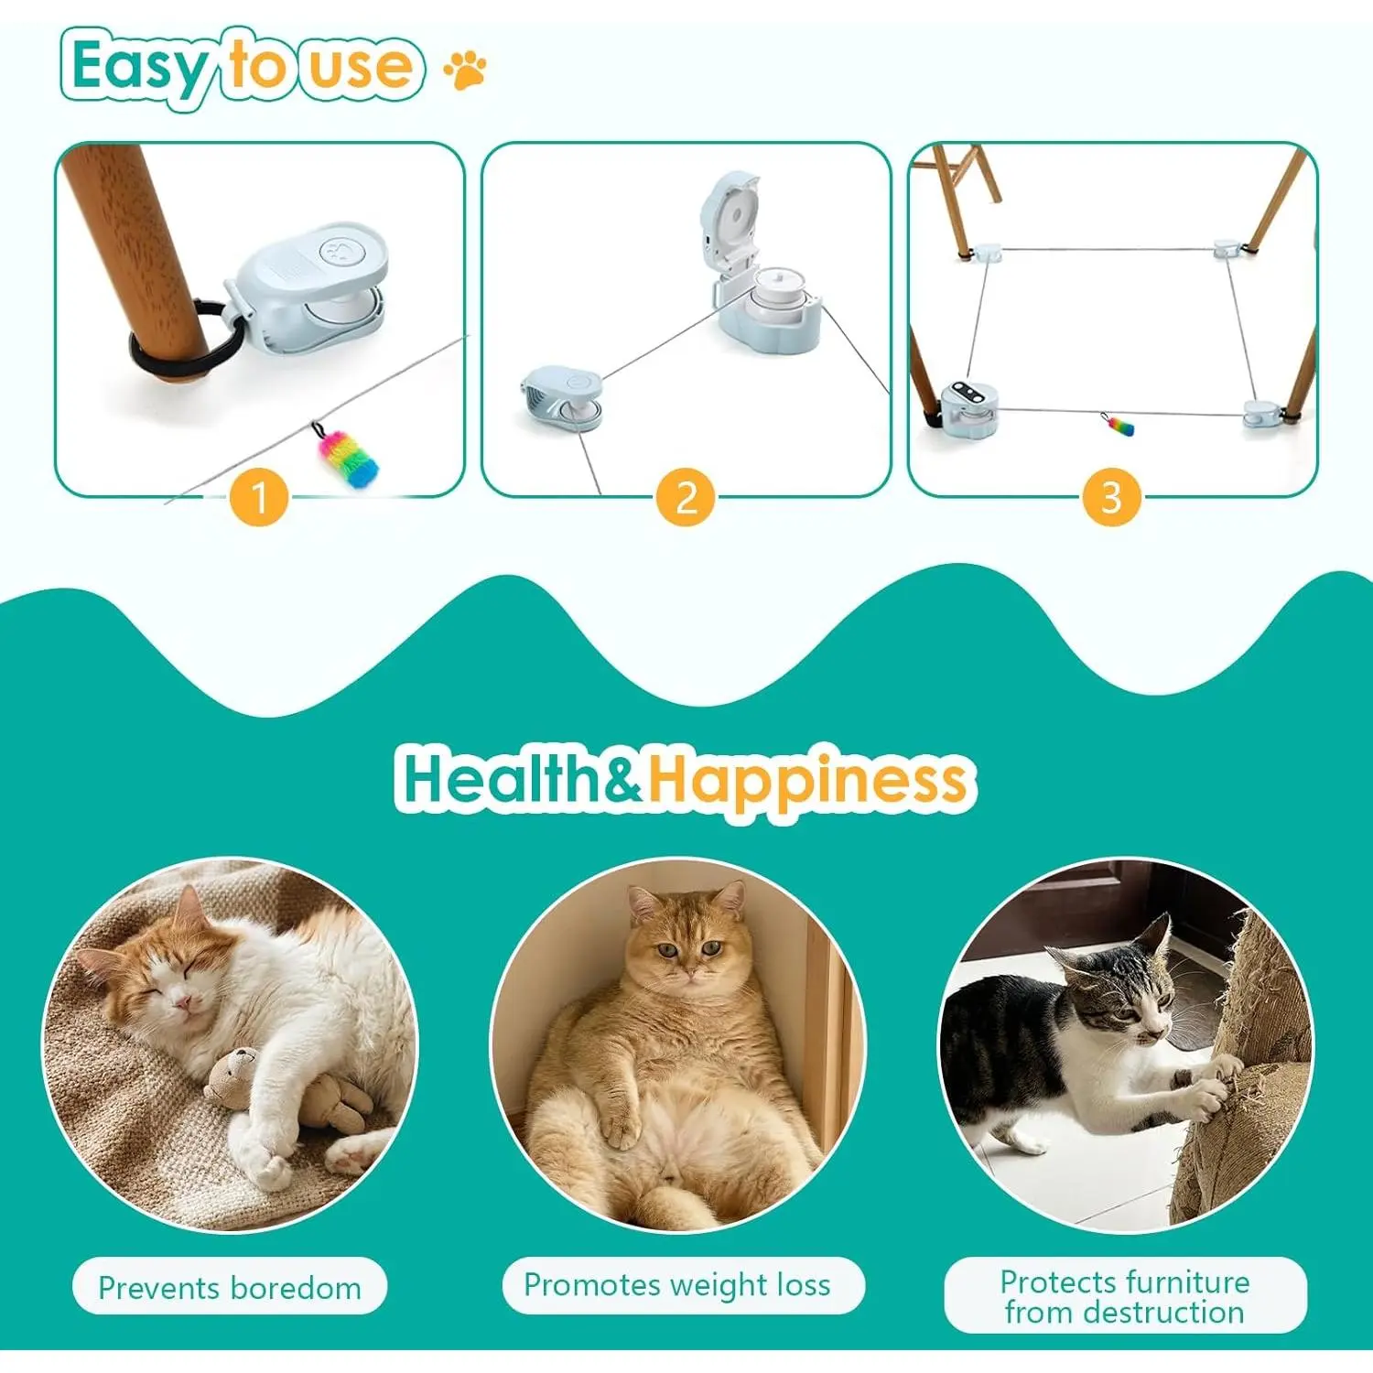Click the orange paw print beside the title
[466, 70]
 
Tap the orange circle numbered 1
[259, 497]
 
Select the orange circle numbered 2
[686, 497]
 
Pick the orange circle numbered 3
[1111, 497]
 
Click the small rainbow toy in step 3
[1119, 425]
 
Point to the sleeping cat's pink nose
[184, 1007]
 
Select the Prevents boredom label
[230, 1287]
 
